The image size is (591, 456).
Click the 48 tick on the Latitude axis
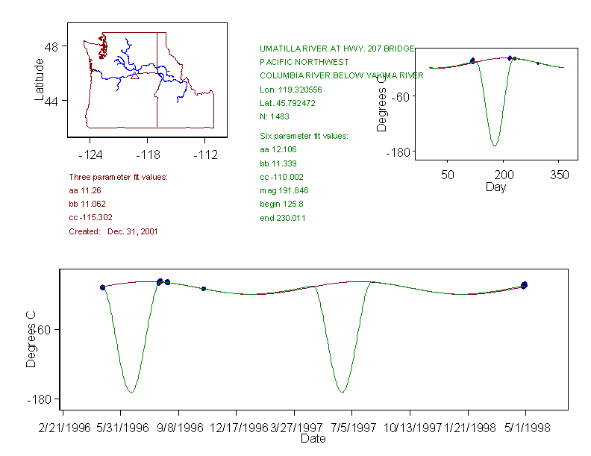[54, 46]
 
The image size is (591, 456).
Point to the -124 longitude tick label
[90, 155]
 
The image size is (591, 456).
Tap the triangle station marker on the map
[134, 75]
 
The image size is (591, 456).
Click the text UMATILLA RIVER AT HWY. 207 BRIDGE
[337, 48]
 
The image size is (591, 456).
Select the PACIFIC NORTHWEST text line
[304, 62]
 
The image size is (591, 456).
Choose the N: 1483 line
[275, 116]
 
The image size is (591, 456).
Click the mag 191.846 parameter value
[284, 190]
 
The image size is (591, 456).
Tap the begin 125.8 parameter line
[282, 204]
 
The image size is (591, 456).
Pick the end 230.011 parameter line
[282, 218]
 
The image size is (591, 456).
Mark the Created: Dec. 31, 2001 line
[113, 231]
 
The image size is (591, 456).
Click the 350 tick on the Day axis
[559, 175]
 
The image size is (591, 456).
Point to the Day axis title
[495, 187]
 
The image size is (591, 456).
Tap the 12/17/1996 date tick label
[238, 428]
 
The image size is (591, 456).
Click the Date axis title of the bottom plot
[313, 439]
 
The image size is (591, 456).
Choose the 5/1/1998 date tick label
[526, 428]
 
